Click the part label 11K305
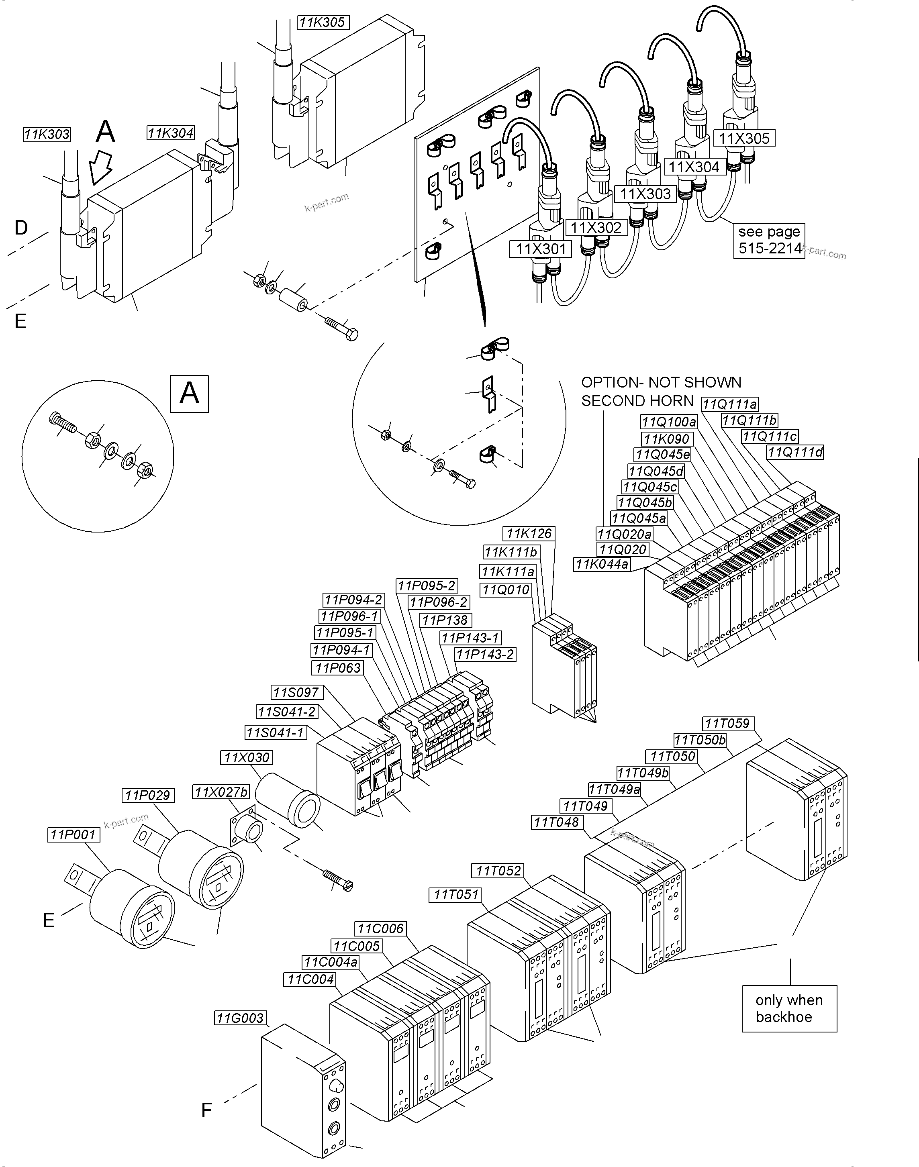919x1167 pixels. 322,22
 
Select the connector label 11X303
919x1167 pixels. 645,194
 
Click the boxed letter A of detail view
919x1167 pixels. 189,394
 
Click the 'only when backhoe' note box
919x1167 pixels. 789,1008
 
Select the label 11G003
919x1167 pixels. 240,1018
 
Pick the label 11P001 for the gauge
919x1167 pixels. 73,834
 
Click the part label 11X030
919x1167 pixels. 247,757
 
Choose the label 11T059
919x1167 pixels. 727,724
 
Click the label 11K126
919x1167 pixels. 529,534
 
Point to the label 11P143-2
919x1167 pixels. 485,654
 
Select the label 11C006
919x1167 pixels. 380,928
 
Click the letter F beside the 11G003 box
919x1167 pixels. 206,1110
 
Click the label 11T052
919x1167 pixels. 498,871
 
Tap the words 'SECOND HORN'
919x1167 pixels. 637,401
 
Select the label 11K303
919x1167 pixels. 47,135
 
